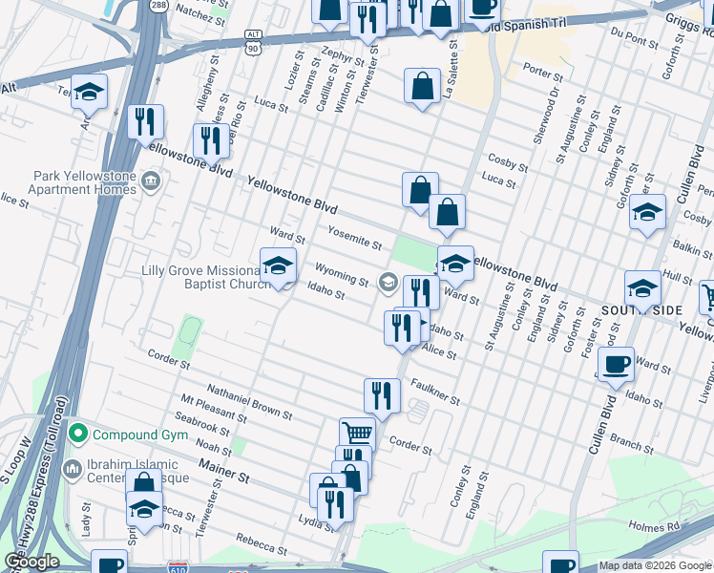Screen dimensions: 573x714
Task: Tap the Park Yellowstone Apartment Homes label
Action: (x=84, y=182)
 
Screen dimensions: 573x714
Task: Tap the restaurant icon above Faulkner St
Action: (x=381, y=393)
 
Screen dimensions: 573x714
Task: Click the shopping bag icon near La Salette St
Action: (x=421, y=86)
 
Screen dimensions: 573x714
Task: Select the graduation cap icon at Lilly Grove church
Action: (x=278, y=265)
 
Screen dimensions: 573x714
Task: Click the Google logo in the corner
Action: (x=32, y=562)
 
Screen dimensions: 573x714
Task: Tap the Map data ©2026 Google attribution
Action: (x=654, y=565)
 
